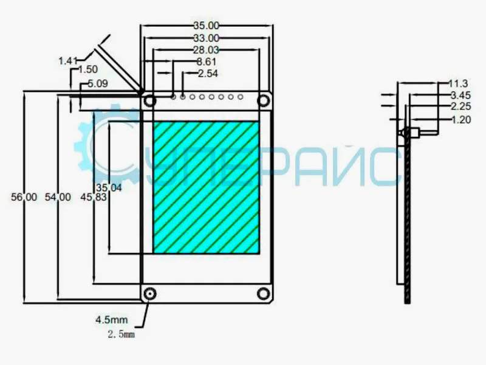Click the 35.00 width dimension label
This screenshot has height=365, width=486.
(x=207, y=26)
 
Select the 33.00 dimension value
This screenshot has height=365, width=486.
(x=207, y=38)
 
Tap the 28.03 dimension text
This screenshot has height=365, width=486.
(x=206, y=50)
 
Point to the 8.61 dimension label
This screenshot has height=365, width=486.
(x=207, y=61)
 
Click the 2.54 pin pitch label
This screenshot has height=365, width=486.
(x=208, y=74)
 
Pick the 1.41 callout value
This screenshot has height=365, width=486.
(x=68, y=61)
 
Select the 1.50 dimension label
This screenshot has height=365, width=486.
(x=88, y=69)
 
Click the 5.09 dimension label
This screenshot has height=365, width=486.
(x=98, y=83)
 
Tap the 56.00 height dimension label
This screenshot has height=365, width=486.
(x=24, y=197)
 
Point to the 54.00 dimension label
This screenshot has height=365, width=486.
(x=58, y=197)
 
